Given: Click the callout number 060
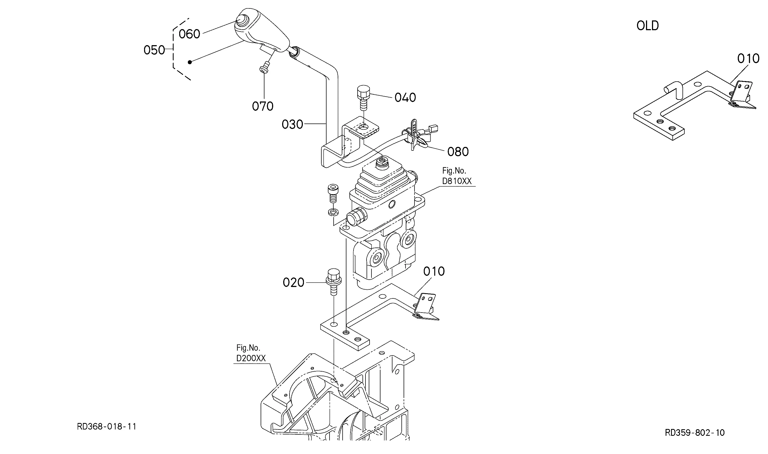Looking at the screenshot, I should click(189, 34).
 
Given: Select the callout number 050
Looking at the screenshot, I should click(154, 50).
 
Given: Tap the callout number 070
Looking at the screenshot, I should click(263, 106).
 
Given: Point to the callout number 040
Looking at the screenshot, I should click(405, 98).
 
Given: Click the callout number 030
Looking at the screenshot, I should click(292, 125).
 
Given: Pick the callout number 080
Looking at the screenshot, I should click(458, 152).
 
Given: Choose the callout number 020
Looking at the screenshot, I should click(293, 283).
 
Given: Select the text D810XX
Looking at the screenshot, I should click(456, 181).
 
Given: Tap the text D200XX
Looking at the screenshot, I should click(251, 358).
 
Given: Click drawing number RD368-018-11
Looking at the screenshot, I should click(106, 427).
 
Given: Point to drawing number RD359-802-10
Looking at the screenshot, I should click(694, 433).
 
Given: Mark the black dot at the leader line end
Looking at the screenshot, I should click(190, 62).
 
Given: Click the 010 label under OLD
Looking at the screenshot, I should click(748, 59).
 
